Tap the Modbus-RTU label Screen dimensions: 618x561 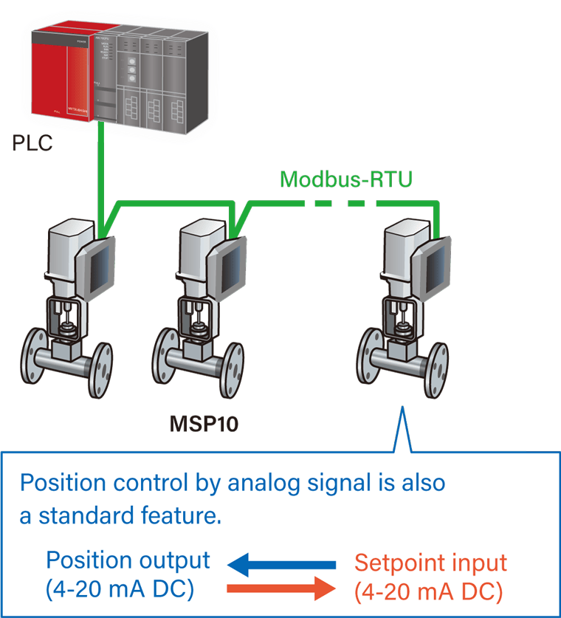[x=345, y=179]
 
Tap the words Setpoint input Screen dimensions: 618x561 [x=430, y=563]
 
